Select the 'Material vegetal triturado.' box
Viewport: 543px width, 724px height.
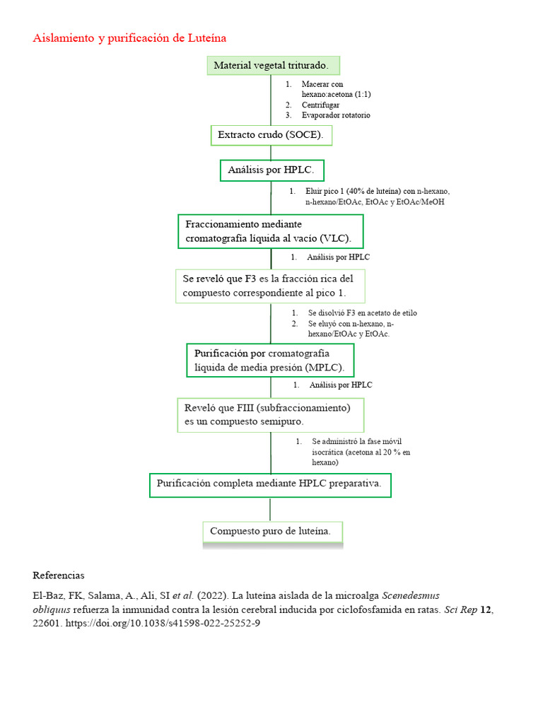click(273, 66)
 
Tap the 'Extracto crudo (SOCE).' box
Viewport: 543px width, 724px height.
click(271, 135)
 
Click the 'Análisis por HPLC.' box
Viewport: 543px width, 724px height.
click(272, 170)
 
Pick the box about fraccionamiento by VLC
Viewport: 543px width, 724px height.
click(270, 231)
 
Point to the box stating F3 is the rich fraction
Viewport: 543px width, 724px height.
click(270, 286)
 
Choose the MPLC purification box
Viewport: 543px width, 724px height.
click(269, 361)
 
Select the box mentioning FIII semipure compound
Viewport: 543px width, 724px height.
click(270, 414)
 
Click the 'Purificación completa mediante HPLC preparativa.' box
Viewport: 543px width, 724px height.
click(269, 485)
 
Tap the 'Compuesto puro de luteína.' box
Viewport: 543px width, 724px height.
click(272, 531)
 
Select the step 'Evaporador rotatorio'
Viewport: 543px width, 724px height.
click(335, 115)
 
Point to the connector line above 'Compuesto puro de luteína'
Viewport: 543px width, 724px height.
click(270, 509)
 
